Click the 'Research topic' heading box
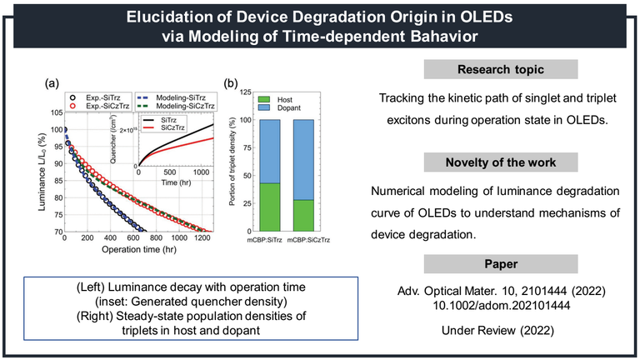[x=496, y=70]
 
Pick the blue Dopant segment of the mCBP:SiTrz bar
[x=271, y=151]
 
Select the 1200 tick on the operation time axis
[x=197, y=239]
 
